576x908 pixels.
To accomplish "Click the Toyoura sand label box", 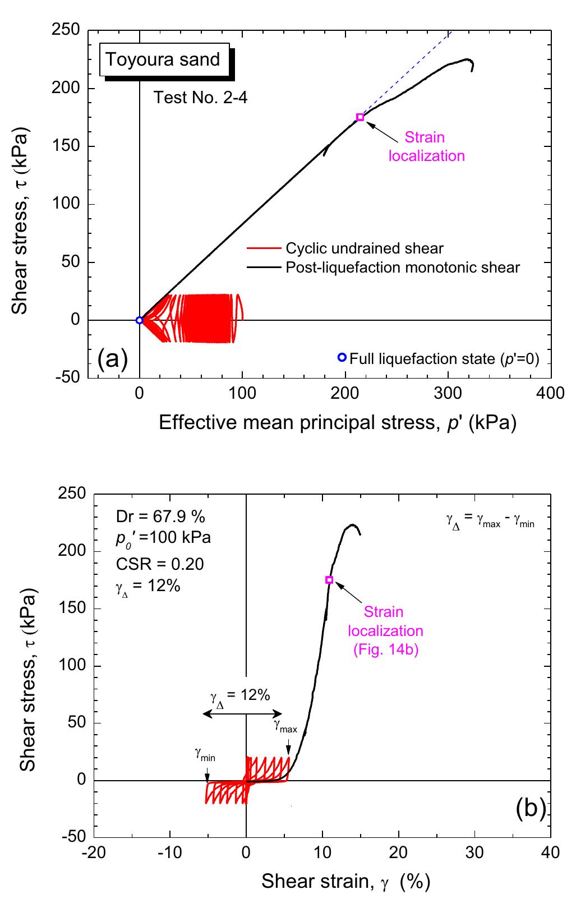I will (163, 60).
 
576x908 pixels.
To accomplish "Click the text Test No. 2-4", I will (201, 98).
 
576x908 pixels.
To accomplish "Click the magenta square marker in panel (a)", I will (360, 117).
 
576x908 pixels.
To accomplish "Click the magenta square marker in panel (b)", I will (329, 580).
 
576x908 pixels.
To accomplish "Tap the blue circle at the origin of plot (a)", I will (140, 320).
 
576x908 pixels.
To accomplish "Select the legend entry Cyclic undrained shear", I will (364, 248).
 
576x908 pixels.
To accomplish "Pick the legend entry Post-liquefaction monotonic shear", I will (402, 267).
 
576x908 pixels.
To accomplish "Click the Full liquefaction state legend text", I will (444, 358).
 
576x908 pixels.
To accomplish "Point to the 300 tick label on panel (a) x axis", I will (448, 393).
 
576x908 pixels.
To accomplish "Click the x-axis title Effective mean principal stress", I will (337, 422).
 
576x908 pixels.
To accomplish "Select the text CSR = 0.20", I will (159, 564).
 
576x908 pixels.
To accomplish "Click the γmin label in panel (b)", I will (205, 757).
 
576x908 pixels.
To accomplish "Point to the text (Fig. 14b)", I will (385, 650).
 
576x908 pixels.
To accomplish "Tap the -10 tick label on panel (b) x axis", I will (169, 852).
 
